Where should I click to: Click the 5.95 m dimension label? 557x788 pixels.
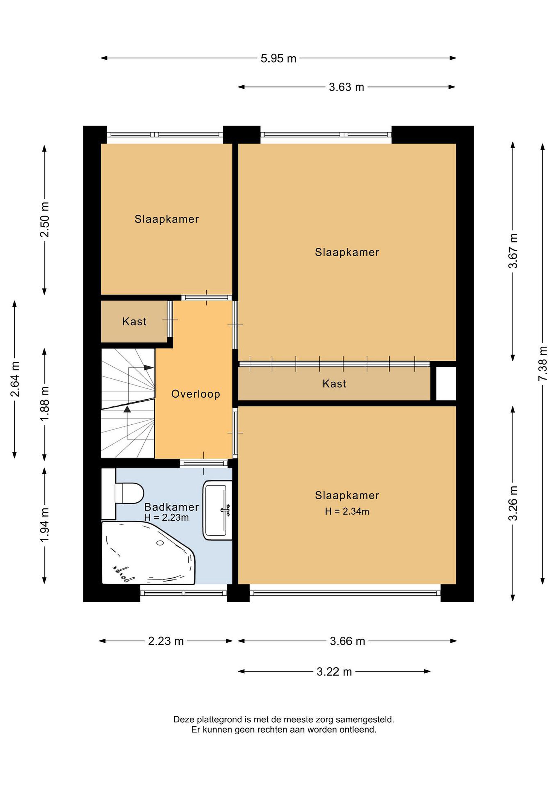pos(278,58)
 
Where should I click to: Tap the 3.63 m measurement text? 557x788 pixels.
pos(346,87)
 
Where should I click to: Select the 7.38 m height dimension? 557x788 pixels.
pos(543,363)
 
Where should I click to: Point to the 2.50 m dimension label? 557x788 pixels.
pos(45,220)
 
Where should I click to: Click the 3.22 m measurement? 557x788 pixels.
pos(334,672)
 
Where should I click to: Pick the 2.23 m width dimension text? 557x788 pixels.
pos(166,641)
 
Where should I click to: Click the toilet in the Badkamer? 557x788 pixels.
pos(129,494)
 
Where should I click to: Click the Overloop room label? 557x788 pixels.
pos(196,394)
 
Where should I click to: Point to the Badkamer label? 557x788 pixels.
pos(171,507)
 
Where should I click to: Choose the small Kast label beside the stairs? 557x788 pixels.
pos(135,321)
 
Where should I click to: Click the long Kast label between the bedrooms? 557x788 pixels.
pos(334,383)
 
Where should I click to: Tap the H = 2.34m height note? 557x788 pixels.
pos(347,512)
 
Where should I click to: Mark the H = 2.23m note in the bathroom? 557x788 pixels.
pos(167,518)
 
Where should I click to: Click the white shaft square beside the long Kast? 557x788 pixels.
pos(446,383)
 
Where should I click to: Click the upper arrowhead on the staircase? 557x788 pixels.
pos(149,367)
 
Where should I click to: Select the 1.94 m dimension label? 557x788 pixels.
pos(45,525)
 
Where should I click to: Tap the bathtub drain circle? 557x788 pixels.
pos(160,543)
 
